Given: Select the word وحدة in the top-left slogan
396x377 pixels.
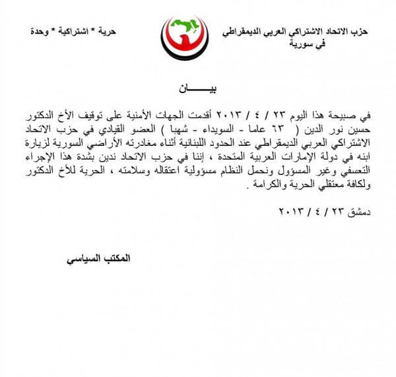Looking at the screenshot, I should [42, 32].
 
